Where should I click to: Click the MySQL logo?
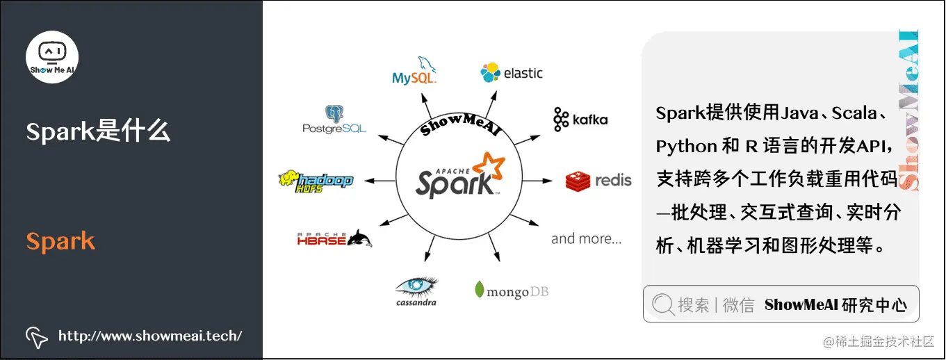coord(415,72)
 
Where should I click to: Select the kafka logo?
coord(580,120)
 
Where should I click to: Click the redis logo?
coord(598,181)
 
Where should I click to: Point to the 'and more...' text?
coord(586,238)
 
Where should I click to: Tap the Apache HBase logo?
coord(334,238)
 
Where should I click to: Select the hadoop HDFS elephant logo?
coord(316,181)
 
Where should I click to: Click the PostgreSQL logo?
coord(334,120)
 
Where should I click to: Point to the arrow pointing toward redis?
coord(537,181)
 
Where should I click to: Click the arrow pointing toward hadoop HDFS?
coord(379,181)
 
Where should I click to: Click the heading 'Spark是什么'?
coord(98,131)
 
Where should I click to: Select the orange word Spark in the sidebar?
coord(60,241)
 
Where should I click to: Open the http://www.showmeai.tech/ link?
coord(150,336)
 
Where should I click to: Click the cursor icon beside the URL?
coord(36,336)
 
